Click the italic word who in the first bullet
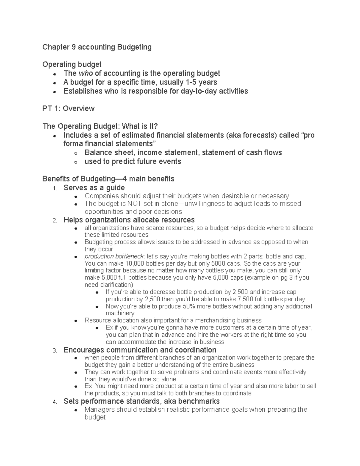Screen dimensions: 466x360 (85, 74)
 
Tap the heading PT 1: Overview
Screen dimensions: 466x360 (68, 108)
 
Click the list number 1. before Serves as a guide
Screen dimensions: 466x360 (54, 188)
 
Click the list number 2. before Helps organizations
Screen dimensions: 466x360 (54, 221)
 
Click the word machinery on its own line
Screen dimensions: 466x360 (120, 313)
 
